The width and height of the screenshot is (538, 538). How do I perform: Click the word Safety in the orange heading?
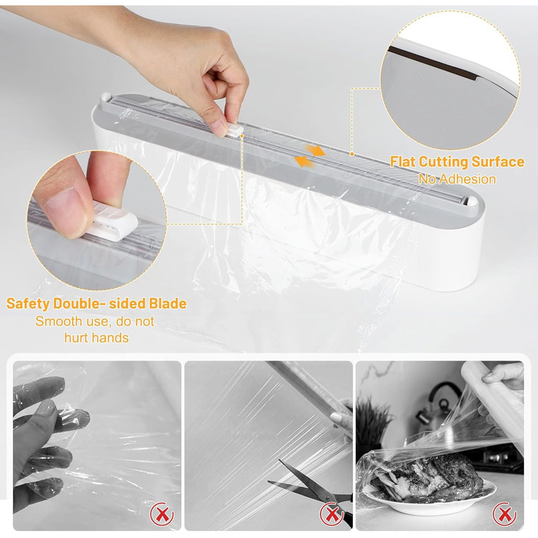click(28, 304)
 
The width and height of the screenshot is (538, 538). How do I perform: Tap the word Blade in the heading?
click(168, 304)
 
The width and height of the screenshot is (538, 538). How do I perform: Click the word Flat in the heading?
click(403, 161)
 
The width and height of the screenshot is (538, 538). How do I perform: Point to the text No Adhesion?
click(457, 179)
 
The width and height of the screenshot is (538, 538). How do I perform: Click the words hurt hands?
click(96, 337)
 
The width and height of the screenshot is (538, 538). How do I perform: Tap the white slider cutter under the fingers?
click(235, 131)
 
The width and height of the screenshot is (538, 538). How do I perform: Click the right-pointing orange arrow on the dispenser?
click(315, 150)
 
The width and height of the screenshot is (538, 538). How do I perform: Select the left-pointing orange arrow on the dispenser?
click(305, 161)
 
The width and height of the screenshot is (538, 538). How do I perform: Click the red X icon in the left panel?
click(162, 514)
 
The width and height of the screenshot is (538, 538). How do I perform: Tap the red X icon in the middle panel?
click(332, 514)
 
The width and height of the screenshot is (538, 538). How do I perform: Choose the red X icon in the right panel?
click(504, 514)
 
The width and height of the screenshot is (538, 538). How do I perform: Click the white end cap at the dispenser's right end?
click(472, 201)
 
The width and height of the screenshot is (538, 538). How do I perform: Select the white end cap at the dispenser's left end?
click(106, 97)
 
